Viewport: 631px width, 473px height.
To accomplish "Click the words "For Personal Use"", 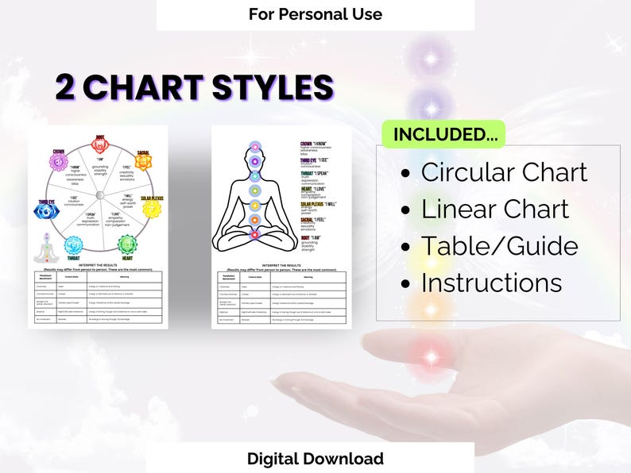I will (x=315, y=14).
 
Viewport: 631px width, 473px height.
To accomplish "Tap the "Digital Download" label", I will (x=315, y=459).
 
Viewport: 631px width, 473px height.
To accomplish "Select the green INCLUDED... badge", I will (x=443, y=134).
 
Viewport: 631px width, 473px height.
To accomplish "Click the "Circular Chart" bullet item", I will (x=504, y=172).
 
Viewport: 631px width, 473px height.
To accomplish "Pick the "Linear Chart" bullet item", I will (x=494, y=209).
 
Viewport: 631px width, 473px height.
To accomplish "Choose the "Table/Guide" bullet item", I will (x=499, y=246).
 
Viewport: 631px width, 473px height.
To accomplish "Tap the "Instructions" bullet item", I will (x=491, y=283).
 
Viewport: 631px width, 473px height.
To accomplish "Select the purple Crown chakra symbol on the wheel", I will (x=56, y=162).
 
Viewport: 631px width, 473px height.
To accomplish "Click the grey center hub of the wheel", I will (x=99, y=195).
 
